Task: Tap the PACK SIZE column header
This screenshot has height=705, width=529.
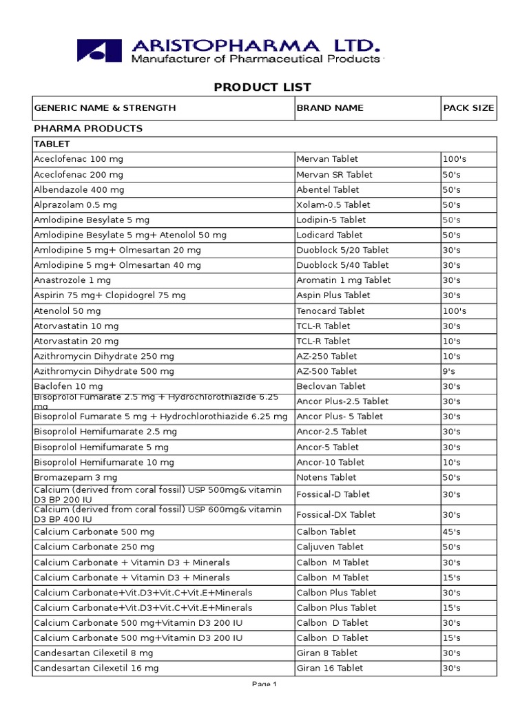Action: (x=468, y=108)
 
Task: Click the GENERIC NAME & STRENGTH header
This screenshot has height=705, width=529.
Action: (x=105, y=108)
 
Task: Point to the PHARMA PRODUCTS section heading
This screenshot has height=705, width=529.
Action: (x=88, y=129)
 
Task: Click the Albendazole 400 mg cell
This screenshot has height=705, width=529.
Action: (x=79, y=189)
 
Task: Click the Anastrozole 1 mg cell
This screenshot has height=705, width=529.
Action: (x=72, y=280)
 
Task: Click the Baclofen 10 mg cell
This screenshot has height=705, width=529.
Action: (x=69, y=386)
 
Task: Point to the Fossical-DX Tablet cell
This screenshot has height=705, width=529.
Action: (x=336, y=514)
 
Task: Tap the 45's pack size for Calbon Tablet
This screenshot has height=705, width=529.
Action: (x=452, y=532)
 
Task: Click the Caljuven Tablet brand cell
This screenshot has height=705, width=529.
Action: (x=330, y=547)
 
